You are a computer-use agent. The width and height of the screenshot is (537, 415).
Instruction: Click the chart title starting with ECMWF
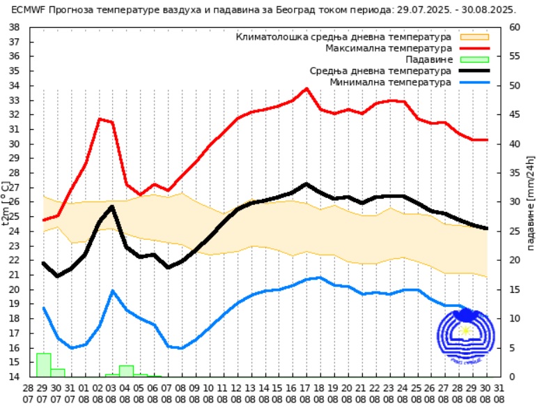click(263, 10)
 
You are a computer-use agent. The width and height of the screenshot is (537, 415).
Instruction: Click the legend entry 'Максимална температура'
click(389, 48)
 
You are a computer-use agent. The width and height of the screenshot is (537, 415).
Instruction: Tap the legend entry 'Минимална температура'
click(391, 82)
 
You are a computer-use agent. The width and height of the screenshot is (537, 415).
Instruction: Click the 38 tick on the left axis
click(15, 27)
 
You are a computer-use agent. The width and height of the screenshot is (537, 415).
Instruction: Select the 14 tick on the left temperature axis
click(15, 377)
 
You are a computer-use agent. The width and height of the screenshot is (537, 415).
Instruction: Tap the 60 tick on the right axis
click(515, 27)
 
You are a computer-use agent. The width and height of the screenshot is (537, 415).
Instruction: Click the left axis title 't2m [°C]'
click(6, 202)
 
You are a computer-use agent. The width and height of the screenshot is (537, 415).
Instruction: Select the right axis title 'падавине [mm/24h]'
click(531, 202)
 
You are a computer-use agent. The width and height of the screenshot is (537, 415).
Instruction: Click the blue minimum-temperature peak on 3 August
click(112, 291)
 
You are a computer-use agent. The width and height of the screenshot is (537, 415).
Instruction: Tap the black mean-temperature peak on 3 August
click(112, 206)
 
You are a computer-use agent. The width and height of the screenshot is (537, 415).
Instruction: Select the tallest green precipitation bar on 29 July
click(43, 365)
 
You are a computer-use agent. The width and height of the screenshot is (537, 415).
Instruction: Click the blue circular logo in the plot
click(465, 334)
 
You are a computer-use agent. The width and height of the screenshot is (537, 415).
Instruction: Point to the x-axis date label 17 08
click(306, 393)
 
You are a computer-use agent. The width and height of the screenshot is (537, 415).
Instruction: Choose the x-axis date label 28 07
click(29, 393)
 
